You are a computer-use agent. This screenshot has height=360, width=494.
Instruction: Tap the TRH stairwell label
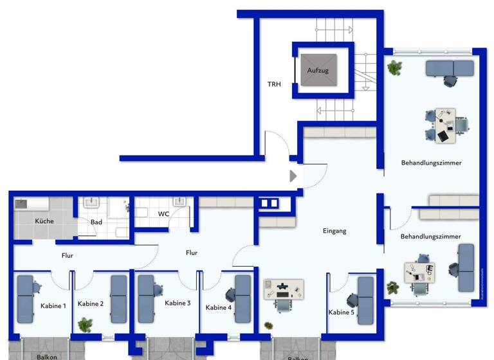pos(275,84)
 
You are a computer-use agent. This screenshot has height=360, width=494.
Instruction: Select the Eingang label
pos(334,231)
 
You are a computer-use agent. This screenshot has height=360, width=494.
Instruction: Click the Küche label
pos(44,221)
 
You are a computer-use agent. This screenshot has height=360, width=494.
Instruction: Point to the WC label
pos(163,213)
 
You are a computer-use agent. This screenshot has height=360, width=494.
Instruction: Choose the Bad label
pos(96,222)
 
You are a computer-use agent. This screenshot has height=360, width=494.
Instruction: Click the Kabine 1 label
pos(53,306)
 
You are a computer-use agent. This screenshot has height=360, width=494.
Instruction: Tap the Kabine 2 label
pos(91,303)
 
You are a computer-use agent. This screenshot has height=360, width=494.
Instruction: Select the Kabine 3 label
pos(178,303)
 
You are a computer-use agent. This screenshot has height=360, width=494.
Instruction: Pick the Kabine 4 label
pos(219,307)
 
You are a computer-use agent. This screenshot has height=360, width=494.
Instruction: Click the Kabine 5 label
pos(341,312)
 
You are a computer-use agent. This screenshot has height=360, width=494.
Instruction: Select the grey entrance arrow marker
pos(293,175)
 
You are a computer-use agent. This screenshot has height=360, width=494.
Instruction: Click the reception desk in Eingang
pos(283,289)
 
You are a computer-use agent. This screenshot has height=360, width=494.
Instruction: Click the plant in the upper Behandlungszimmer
pos(394,66)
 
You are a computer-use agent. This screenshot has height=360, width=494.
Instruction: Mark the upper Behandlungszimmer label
pos(431,163)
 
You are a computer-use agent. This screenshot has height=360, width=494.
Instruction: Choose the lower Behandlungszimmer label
pos(430,237)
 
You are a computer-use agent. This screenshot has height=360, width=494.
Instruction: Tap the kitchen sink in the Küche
pos(21,203)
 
